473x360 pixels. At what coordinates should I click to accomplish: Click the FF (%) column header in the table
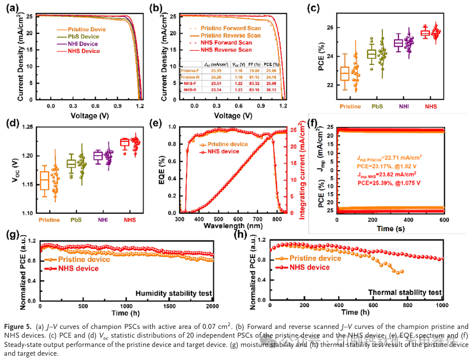(x=254, y=64)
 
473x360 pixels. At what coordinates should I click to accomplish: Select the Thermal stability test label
(x=404, y=293)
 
